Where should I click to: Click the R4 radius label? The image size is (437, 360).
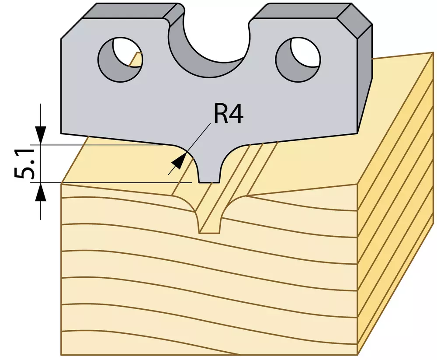click(229, 114)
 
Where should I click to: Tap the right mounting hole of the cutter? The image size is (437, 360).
click(298, 59)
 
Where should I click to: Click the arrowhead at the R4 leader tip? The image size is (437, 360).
click(179, 161)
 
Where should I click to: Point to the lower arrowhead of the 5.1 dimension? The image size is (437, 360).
click(41, 192)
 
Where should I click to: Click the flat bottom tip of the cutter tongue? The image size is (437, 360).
click(210, 182)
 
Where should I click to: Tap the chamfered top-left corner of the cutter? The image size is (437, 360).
click(72, 28)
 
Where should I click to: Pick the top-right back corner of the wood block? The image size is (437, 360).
click(433, 53)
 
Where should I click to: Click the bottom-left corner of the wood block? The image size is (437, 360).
click(61, 355)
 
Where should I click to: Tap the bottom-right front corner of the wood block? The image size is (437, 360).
click(357, 355)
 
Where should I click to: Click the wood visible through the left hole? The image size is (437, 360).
click(136, 59)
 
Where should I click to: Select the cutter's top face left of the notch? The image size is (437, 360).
click(131, 11)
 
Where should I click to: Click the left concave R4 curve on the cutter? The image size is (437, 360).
click(190, 156)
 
